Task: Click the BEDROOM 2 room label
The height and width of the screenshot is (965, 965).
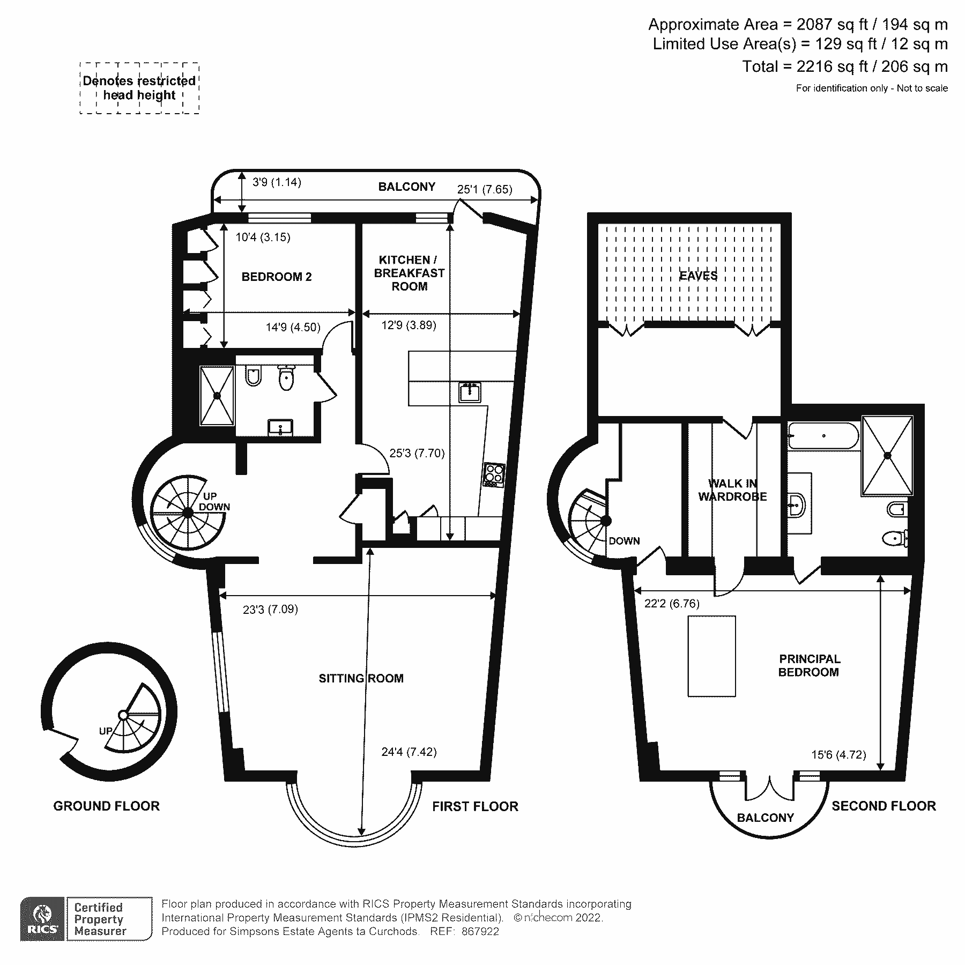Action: [276, 277]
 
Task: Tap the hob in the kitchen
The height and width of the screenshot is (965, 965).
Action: [494, 475]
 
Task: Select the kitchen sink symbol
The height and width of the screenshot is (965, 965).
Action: [470, 393]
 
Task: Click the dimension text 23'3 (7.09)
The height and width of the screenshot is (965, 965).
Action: [270, 609]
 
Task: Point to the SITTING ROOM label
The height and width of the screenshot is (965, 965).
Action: [361, 678]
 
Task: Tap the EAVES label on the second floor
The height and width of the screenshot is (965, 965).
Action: [698, 276]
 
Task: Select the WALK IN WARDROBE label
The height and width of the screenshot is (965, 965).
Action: [732, 490]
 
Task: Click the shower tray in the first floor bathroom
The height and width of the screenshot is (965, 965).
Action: [217, 396]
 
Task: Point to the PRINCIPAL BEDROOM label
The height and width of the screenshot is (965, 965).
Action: [809, 665]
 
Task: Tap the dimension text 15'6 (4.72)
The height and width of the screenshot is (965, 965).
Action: [838, 755]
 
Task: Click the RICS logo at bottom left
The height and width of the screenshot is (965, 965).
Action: [42, 918]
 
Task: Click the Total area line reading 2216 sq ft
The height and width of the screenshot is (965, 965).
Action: [844, 66]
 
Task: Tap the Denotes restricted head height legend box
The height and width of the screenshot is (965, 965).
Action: [139, 88]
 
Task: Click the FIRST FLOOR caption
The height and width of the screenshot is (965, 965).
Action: [475, 806]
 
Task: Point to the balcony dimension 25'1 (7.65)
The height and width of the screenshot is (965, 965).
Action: [484, 189]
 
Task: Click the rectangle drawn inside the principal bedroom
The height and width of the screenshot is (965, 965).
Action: [711, 656]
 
